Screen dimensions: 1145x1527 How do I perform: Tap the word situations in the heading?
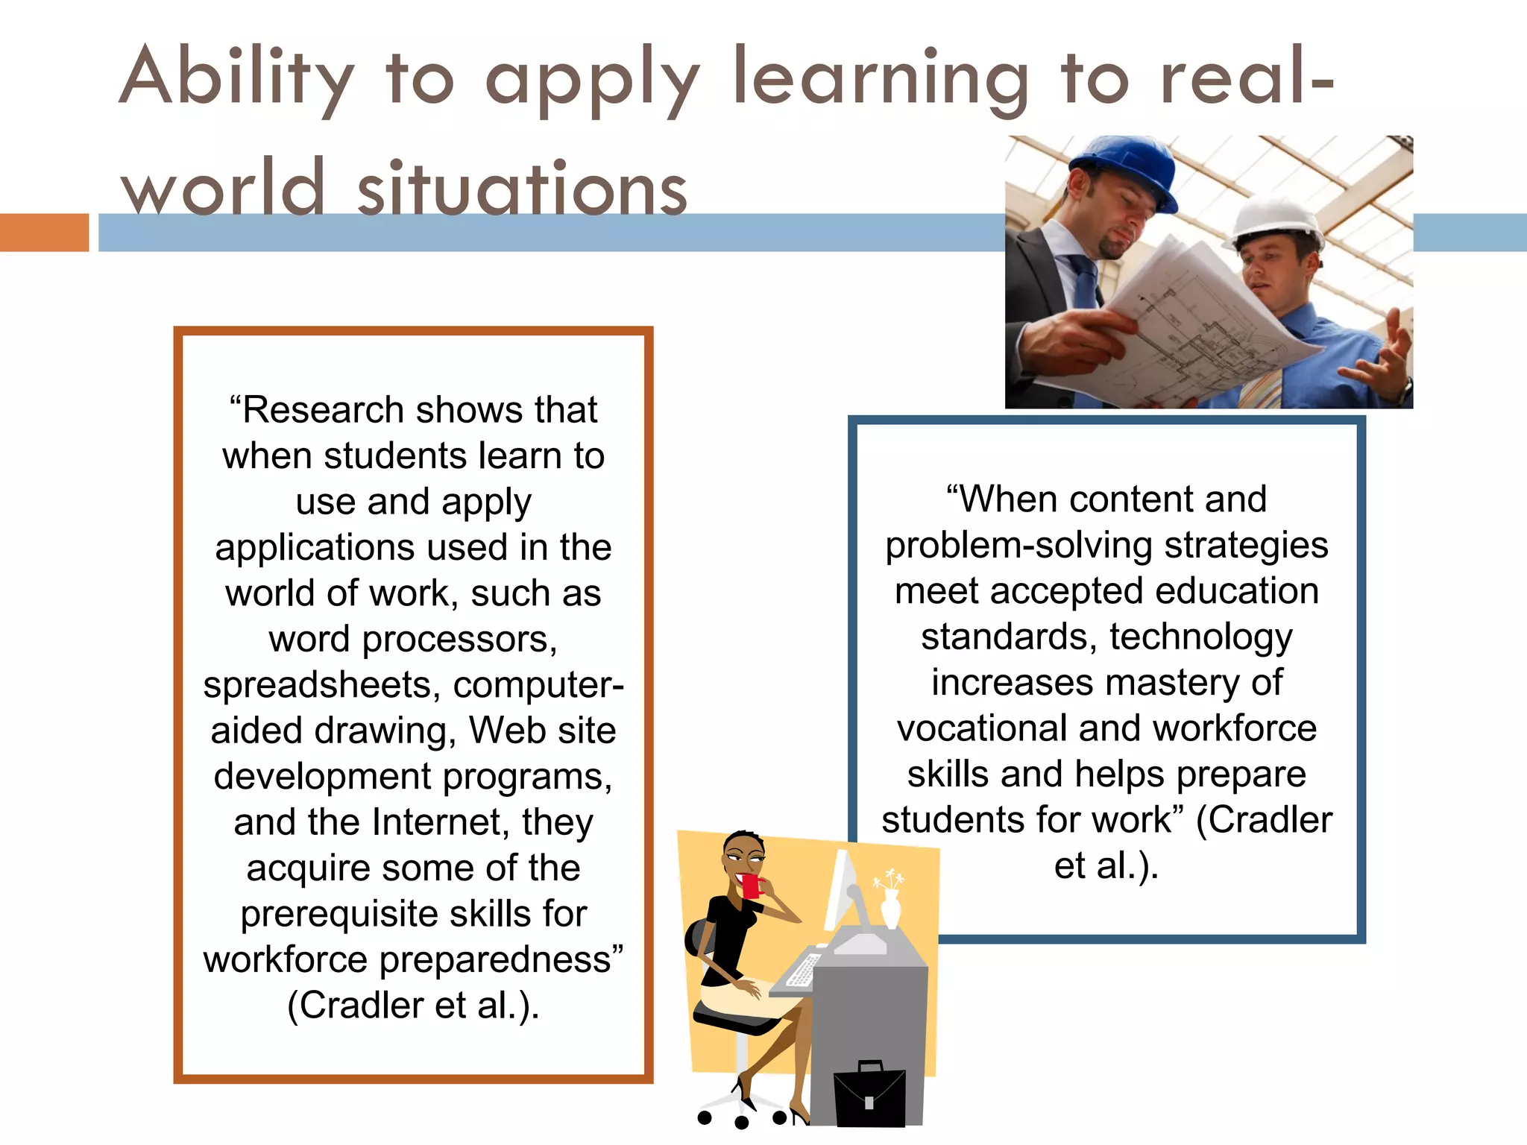pyautogui.click(x=522, y=189)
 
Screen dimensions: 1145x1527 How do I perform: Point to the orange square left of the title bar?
pyautogui.click(x=44, y=232)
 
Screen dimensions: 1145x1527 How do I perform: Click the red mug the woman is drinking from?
pyautogui.click(x=750, y=886)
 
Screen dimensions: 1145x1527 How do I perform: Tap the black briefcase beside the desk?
pyautogui.click(x=869, y=1095)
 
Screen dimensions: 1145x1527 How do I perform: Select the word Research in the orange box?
pyautogui.click(x=323, y=410)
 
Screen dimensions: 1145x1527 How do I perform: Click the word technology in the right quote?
pyautogui.click(x=1200, y=637)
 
